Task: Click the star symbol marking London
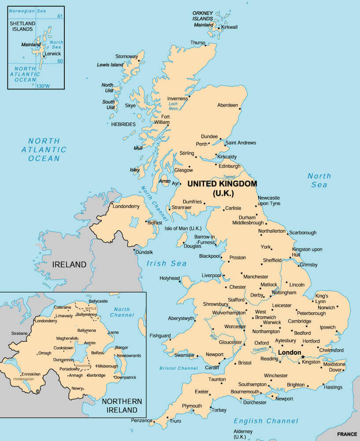tap(303, 356)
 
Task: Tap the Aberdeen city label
tap(227, 105)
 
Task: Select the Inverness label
tap(177, 99)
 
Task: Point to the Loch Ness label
tap(173, 106)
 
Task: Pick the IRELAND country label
tap(69, 265)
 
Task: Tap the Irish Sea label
tap(167, 263)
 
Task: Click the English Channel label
tap(266, 421)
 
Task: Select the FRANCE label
tap(347, 434)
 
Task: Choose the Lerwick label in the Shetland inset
tap(52, 54)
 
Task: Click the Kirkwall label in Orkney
tap(229, 27)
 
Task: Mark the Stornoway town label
tap(126, 56)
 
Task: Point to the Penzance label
tap(141, 421)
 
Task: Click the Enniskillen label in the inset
tap(31, 374)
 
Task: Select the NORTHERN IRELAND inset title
tap(122, 405)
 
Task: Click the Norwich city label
tap(327, 308)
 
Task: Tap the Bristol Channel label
tap(178, 368)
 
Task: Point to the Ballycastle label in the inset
tap(98, 301)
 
